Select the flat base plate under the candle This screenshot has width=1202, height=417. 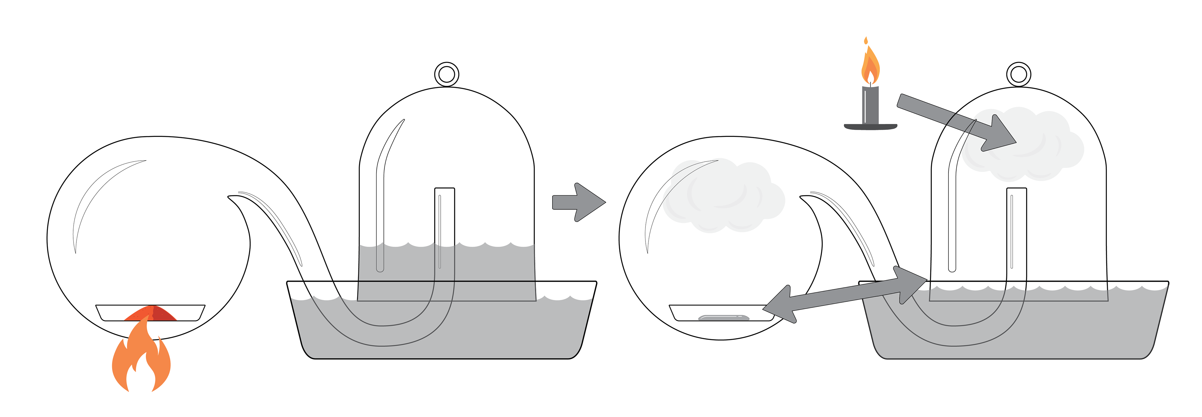point(870,126)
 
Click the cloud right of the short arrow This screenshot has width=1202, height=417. point(723,196)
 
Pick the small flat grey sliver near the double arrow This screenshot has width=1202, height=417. point(723,318)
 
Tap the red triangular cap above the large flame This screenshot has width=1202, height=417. point(150,313)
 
